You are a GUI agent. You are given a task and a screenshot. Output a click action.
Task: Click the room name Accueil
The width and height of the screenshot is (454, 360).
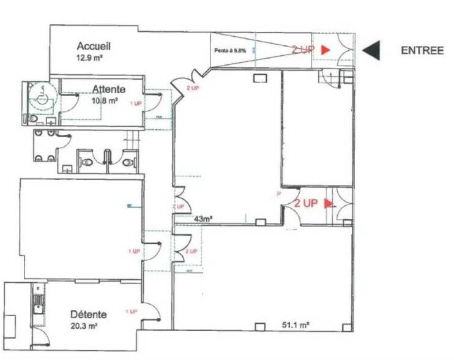coord(94,46)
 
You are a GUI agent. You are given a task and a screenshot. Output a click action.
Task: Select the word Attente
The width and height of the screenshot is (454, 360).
coord(109,89)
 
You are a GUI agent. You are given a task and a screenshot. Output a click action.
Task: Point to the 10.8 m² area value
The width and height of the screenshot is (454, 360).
coord(105,100)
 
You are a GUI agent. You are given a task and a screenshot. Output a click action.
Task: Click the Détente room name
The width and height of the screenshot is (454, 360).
coord(88,315)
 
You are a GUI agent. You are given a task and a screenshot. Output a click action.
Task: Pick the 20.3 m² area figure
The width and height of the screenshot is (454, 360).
coord(85,326)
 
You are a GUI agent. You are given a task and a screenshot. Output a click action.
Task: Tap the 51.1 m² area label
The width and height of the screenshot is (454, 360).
coord(294,326)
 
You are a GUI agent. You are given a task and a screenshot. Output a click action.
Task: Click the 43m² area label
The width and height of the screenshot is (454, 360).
coord(203,219)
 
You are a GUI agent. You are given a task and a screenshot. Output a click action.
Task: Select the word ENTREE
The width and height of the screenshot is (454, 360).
coord(422,51)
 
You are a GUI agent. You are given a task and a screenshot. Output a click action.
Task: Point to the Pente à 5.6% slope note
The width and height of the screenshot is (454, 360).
coord(230,51)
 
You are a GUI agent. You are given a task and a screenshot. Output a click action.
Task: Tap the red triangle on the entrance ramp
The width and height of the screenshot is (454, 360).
coord(326,50)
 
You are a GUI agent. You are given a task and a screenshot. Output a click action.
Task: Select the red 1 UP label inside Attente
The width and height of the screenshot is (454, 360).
coord(136,104)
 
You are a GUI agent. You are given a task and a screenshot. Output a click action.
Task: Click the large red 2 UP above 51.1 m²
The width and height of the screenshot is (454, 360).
coord(305,203)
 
